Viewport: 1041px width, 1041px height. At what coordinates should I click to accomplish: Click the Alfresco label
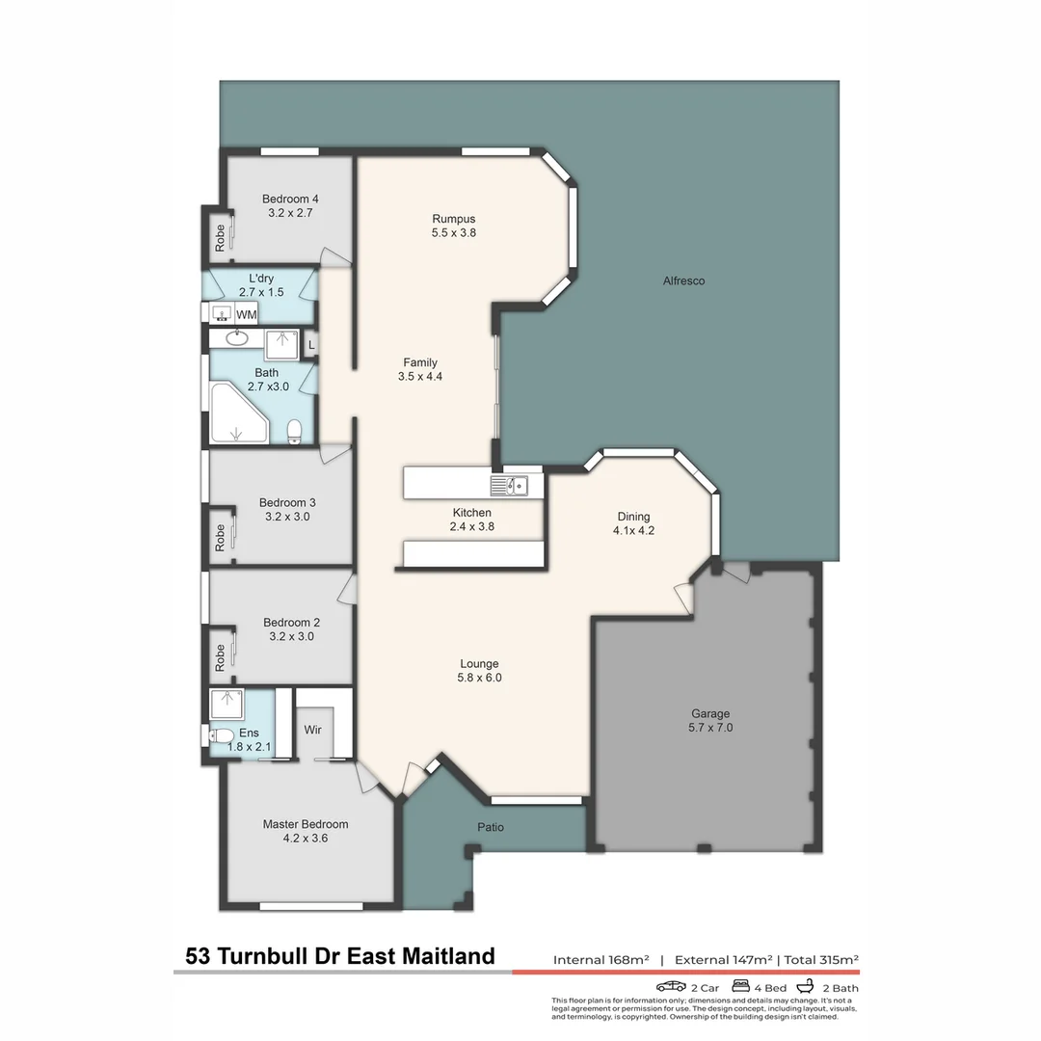(683, 280)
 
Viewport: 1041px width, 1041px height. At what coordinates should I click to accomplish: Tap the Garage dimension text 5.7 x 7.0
(709, 728)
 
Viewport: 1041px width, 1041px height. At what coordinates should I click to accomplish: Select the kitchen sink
(509, 485)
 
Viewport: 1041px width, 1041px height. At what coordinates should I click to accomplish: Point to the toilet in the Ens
(217, 736)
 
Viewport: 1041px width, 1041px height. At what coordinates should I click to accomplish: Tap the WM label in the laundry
(247, 314)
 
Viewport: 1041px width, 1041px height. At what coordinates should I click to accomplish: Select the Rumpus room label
(454, 219)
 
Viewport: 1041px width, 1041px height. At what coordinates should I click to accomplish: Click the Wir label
(313, 730)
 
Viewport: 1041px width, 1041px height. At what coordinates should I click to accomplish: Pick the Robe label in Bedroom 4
(220, 237)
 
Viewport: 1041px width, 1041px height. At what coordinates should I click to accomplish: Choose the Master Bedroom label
(306, 824)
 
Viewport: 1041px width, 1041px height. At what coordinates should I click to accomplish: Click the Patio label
(490, 827)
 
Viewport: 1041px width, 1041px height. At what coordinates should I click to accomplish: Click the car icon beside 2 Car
(671, 987)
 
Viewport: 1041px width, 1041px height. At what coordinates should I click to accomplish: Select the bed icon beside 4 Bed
(742, 987)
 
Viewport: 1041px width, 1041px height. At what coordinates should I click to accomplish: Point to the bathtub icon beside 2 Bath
(807, 987)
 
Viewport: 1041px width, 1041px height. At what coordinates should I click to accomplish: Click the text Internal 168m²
(601, 959)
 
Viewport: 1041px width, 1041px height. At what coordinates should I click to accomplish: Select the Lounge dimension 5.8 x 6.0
(479, 678)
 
